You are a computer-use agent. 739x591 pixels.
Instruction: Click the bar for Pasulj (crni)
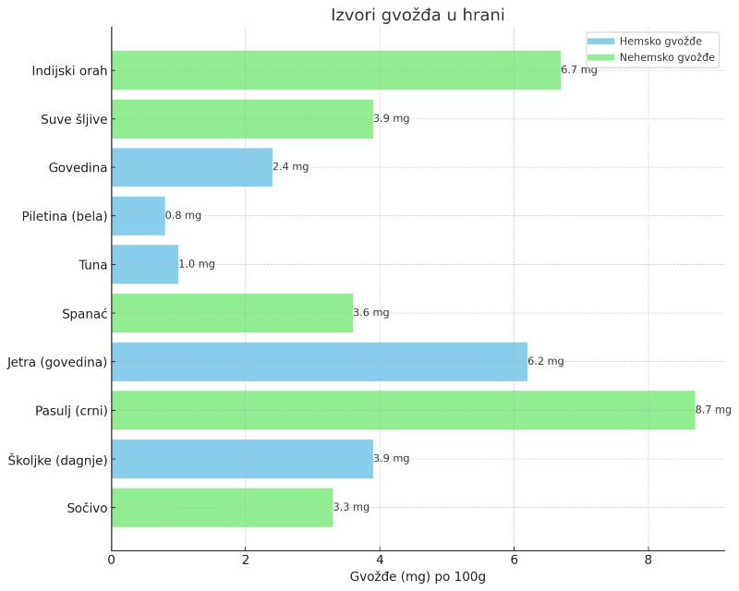point(403,410)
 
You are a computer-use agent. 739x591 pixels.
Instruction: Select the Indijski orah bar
point(336,70)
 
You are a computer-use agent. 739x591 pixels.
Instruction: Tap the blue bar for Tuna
point(145,264)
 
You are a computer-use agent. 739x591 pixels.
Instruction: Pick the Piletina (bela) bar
point(139,215)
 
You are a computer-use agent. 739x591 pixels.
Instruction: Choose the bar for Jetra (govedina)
point(320,361)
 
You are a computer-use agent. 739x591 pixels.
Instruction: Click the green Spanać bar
point(232,313)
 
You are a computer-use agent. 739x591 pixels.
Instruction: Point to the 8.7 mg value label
point(713,410)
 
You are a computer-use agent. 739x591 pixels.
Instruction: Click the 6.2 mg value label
point(546,361)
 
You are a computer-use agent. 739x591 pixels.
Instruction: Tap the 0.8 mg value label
point(183,215)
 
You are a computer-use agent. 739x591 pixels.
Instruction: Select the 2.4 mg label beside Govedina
point(291,167)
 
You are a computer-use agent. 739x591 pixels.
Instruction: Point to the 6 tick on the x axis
point(514,559)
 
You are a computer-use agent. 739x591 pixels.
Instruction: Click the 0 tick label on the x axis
point(112,559)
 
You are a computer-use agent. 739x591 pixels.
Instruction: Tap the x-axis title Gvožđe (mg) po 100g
point(418,577)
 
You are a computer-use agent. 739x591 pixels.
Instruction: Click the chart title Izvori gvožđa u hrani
point(418,15)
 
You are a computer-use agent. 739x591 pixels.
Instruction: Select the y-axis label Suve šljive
point(74,119)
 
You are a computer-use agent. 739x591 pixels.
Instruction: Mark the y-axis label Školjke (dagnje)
point(58,459)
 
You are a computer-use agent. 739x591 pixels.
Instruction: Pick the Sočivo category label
point(87,507)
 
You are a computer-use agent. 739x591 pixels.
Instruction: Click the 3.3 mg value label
point(351,507)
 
